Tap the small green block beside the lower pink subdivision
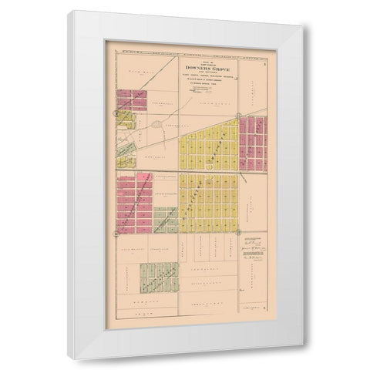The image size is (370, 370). [165, 219]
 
